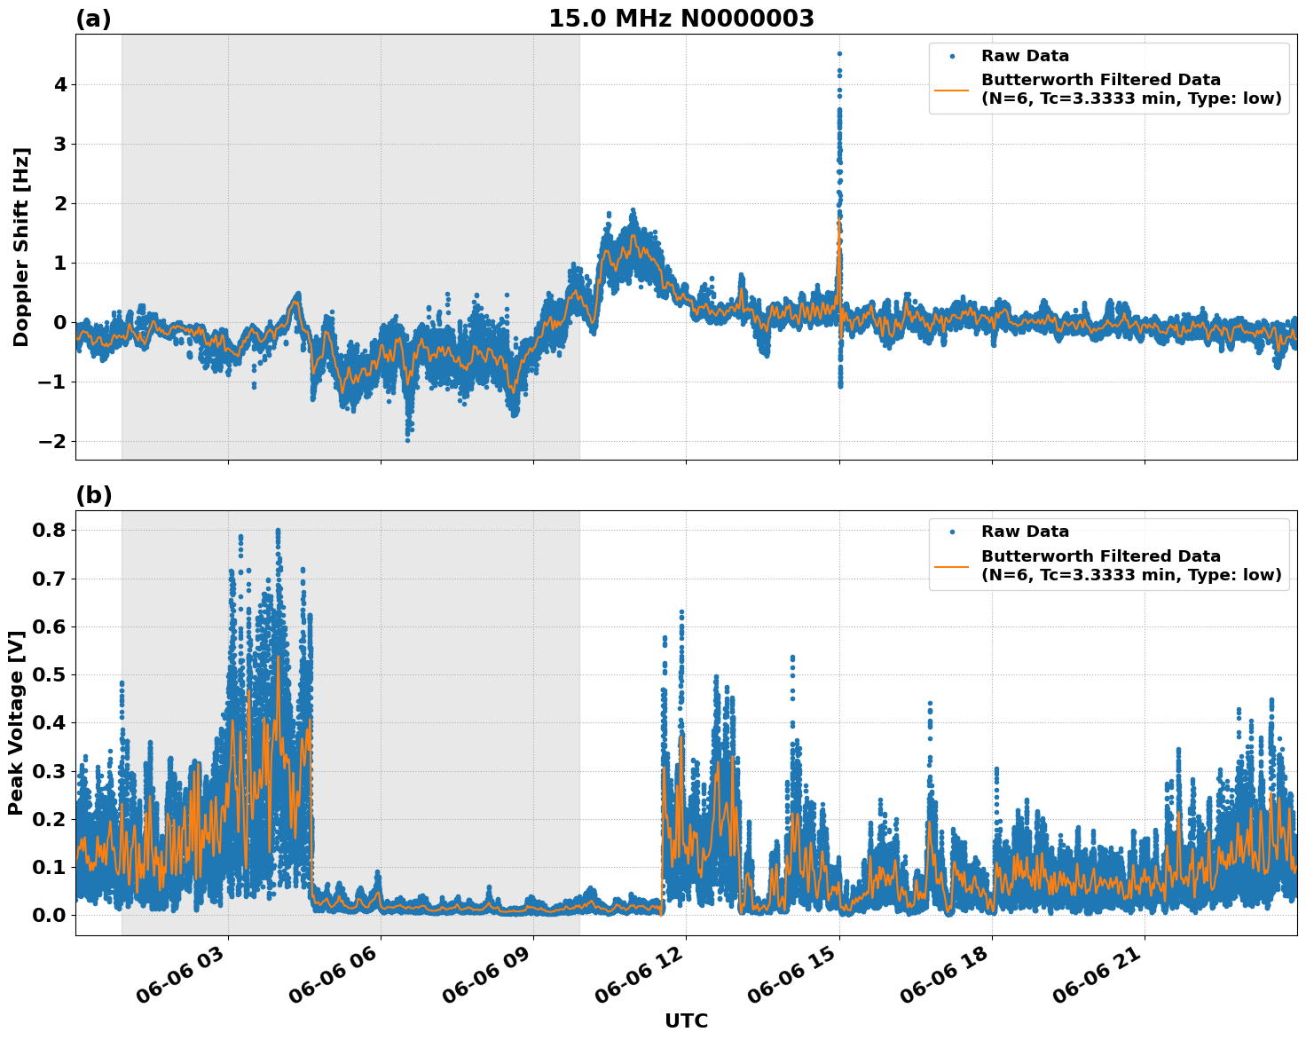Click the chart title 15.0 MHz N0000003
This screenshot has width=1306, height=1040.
point(681,19)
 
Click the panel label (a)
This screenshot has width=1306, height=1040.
point(93,19)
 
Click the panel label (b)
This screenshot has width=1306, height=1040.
point(93,495)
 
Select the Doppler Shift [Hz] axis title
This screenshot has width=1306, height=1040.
point(21,247)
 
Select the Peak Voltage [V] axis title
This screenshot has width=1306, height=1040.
point(16,723)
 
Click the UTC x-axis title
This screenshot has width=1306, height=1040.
point(686,1020)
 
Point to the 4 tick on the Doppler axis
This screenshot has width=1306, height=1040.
point(61,85)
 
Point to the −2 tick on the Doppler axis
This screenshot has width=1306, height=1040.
point(55,442)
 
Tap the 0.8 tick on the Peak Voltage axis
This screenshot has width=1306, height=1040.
point(52,531)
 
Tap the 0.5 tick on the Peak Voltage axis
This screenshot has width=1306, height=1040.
point(52,675)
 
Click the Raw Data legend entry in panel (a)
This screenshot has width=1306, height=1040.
point(1025,56)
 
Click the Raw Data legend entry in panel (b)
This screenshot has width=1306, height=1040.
point(1025,532)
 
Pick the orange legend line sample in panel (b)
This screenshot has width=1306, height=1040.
point(952,565)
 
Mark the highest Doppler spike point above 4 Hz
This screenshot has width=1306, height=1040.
point(839,53)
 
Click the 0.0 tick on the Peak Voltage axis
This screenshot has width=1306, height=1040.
point(52,916)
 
